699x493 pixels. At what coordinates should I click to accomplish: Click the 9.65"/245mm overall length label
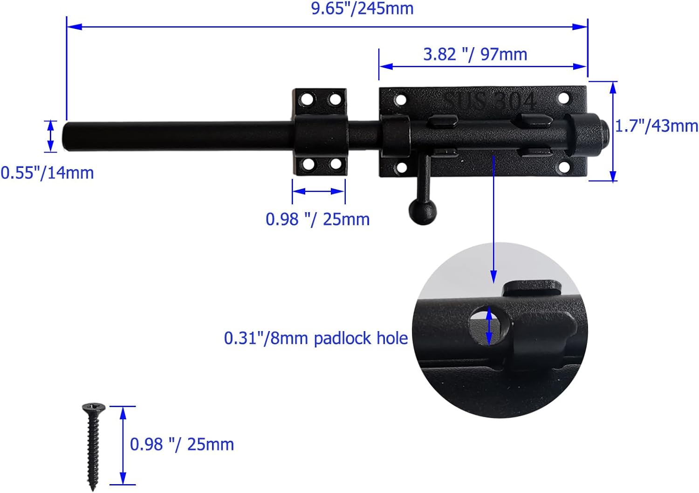362,8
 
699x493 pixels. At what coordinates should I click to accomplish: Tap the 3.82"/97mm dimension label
475,54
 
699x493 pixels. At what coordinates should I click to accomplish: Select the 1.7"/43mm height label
657,126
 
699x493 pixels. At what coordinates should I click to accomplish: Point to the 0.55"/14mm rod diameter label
47,173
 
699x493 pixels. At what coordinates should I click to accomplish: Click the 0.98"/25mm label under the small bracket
317,219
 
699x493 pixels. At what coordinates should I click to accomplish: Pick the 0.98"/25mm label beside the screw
182,444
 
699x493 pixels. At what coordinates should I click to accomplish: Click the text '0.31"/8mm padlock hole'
315,338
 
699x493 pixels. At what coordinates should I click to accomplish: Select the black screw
93,445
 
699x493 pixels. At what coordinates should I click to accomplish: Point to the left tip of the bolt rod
66,136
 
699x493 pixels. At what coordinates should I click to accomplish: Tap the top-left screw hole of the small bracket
307,99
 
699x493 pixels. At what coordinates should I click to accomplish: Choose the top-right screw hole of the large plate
564,98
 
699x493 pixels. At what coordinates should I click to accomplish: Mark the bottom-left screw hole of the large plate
400,167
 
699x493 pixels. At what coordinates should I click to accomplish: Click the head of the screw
93,409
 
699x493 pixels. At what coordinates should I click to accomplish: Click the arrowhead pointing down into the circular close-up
493,277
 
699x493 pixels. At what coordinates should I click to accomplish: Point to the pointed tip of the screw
92,487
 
